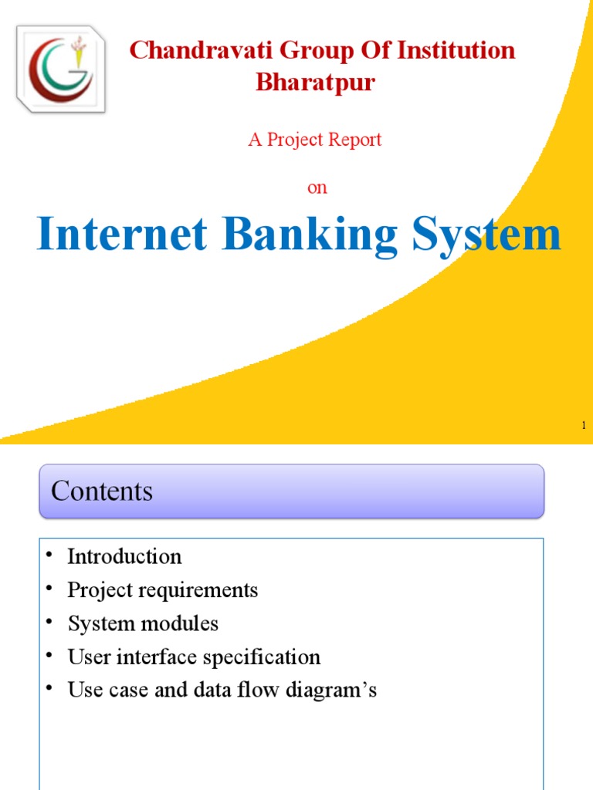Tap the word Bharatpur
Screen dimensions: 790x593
pos(315,83)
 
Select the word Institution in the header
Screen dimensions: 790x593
pos(457,51)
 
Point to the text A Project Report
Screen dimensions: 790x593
pos(315,140)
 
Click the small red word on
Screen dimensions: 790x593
pos(317,188)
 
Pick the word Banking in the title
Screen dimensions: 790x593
pos(311,235)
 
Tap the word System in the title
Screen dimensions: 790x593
pos(486,235)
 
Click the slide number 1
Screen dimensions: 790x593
pos(584,425)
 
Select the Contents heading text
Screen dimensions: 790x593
pos(102,491)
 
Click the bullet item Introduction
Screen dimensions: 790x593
pos(124,556)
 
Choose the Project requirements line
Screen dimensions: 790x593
pos(162,590)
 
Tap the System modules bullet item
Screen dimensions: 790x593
pos(143,623)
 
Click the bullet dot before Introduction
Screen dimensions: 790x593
pos(49,555)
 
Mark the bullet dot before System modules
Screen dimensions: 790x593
pos(49,622)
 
